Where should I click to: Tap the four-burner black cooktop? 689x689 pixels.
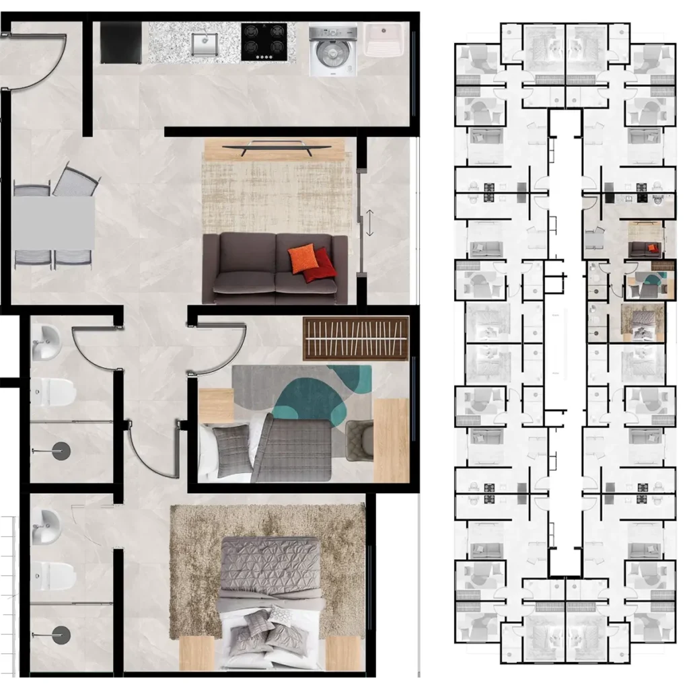[x=264, y=42]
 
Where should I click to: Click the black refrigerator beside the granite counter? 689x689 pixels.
[x=121, y=42]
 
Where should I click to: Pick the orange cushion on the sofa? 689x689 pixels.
[x=302, y=259]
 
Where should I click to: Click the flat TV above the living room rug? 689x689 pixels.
[x=277, y=147]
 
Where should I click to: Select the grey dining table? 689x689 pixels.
[x=54, y=223]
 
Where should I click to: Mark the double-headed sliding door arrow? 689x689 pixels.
[x=369, y=223]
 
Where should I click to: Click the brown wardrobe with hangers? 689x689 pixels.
[x=356, y=338]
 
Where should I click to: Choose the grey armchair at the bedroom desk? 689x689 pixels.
[x=359, y=441]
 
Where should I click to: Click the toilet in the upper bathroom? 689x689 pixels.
[x=55, y=392]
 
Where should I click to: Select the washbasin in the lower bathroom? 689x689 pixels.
[x=48, y=519]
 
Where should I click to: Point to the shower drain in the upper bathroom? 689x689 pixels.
[x=61, y=449]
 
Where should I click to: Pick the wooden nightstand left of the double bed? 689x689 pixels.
[x=197, y=653]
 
